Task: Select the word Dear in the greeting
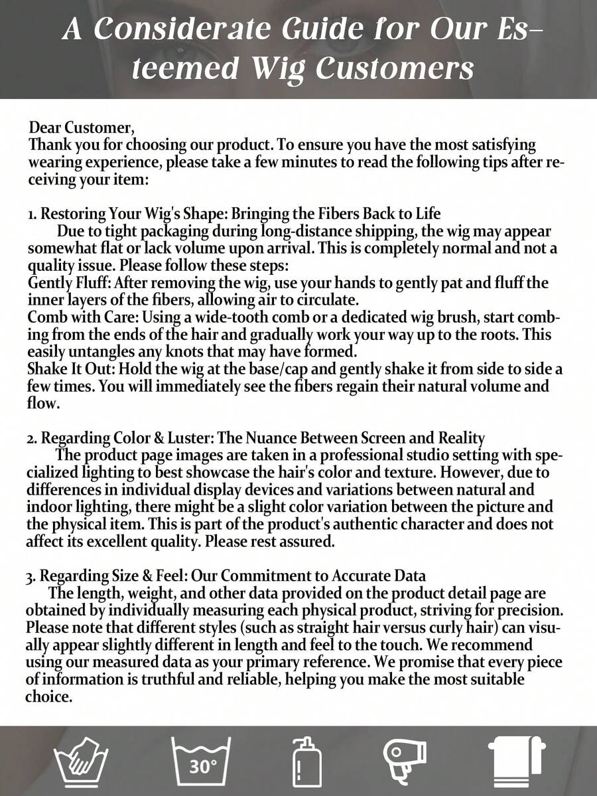(44, 127)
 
